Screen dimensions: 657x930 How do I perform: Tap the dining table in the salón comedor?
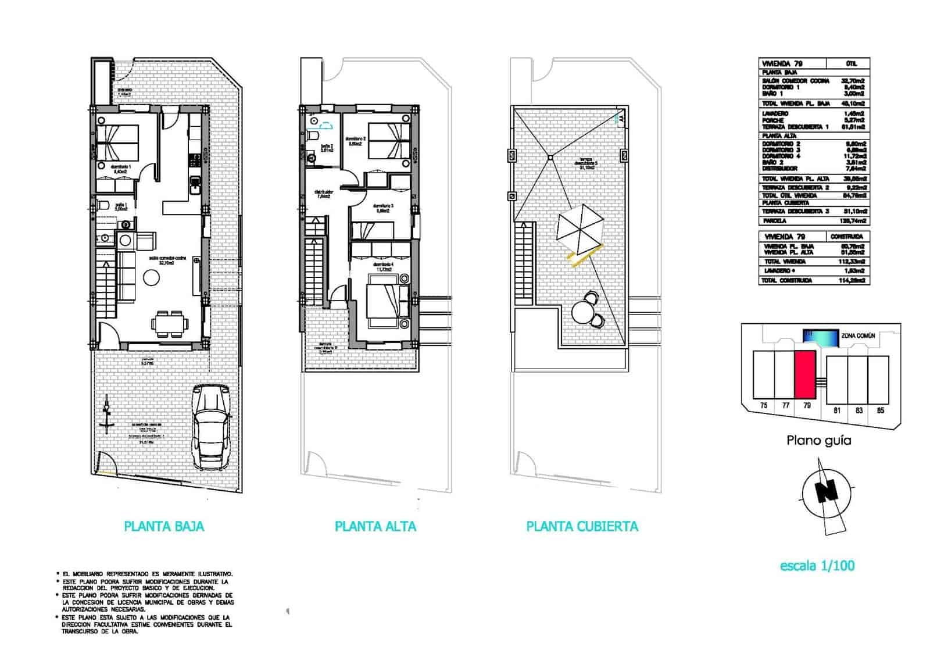click(170, 323)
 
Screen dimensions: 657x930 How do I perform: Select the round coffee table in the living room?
click(152, 279)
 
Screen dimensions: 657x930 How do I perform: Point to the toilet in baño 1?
click(102, 205)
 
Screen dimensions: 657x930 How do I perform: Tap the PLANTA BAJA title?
click(164, 526)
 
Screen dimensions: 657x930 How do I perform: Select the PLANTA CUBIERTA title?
click(582, 526)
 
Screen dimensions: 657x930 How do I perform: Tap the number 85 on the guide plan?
click(881, 410)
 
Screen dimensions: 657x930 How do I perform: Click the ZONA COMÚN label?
click(858, 336)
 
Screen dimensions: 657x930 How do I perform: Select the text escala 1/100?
click(817, 565)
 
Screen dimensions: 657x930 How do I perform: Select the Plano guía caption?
click(818, 440)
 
